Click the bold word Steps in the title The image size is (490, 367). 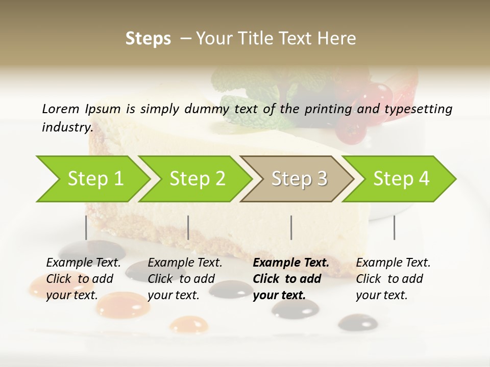(x=148, y=39)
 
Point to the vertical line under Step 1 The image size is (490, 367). (x=86, y=227)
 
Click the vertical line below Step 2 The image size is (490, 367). (x=188, y=227)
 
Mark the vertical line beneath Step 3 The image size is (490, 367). (x=291, y=227)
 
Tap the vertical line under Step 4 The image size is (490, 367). (x=394, y=227)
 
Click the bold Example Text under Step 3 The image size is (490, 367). (x=291, y=263)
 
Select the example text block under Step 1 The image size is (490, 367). (x=84, y=279)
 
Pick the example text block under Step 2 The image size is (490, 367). (x=185, y=279)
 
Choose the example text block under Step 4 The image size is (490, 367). (x=393, y=279)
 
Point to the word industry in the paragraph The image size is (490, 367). (x=67, y=127)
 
